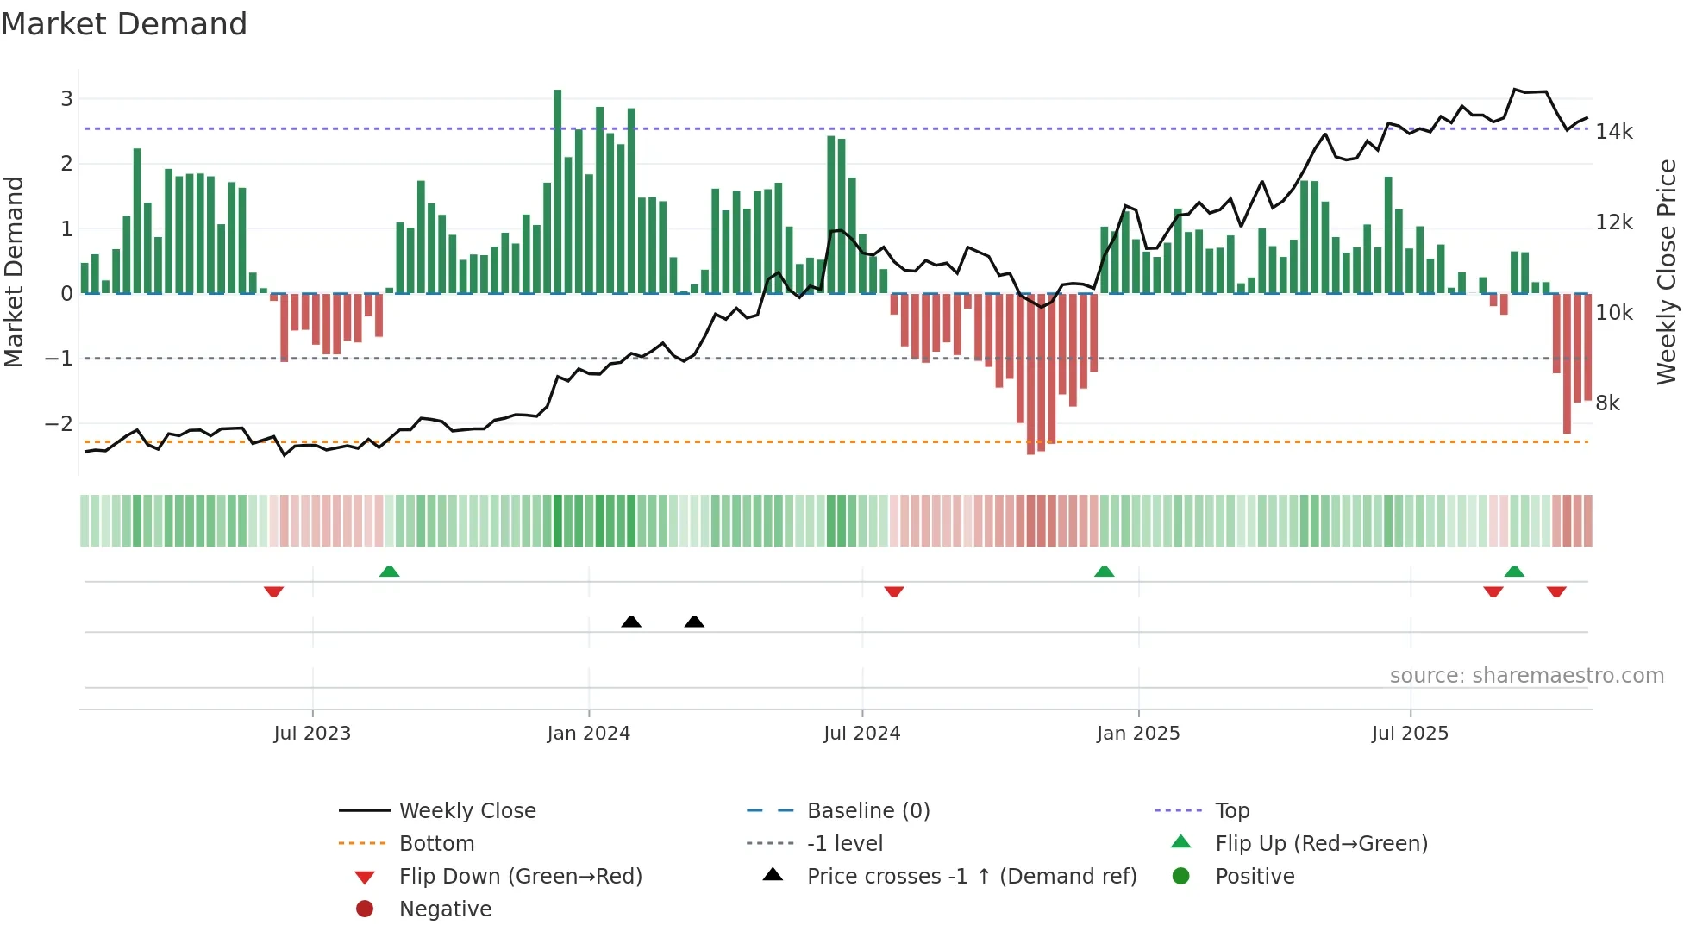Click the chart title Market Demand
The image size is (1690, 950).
tap(124, 24)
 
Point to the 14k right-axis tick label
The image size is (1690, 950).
tap(1613, 132)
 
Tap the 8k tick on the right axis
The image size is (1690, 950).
tap(1607, 403)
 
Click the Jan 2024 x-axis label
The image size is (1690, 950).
tap(588, 734)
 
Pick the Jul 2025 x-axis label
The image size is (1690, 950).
tap(1410, 734)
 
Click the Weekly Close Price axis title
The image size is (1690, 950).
tap(1667, 272)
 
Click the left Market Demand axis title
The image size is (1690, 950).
tap(15, 272)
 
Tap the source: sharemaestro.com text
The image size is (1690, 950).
tap(1526, 676)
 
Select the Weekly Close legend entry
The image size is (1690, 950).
tap(466, 811)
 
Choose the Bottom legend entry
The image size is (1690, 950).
tap(436, 844)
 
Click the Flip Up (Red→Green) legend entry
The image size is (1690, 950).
tap(1321, 844)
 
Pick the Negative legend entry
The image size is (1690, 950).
tap(445, 909)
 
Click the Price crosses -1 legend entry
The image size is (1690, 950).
tap(971, 877)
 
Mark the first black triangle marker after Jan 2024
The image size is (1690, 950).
tap(631, 622)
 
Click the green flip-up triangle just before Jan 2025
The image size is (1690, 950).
tap(1104, 572)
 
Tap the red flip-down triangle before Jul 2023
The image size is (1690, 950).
tap(273, 591)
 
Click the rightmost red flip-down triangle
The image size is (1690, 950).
tap(1555, 591)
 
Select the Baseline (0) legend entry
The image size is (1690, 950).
tap(867, 811)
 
